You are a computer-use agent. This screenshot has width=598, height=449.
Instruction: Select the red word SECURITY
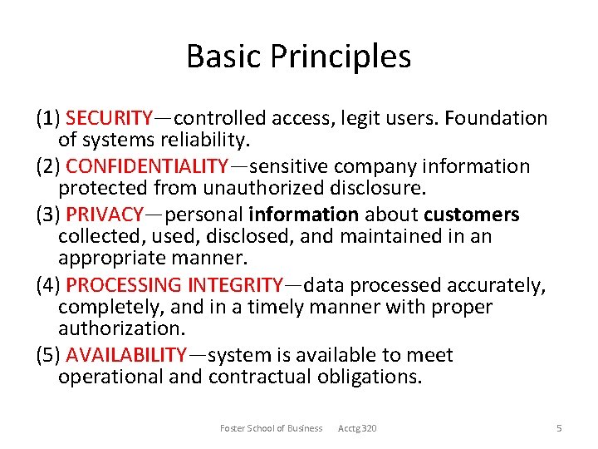[x=110, y=118]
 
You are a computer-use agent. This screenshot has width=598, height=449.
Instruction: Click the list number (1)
[x=48, y=118]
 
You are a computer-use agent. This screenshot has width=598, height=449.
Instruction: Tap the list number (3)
[x=48, y=215]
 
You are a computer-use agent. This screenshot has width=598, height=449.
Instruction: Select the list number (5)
[x=48, y=355]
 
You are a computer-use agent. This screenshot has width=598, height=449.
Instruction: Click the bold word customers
[x=472, y=215]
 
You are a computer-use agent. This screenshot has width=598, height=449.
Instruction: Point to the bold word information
[x=304, y=215]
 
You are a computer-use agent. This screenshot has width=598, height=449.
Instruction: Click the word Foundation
[x=496, y=118]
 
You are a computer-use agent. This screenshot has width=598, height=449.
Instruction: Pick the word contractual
[x=261, y=377]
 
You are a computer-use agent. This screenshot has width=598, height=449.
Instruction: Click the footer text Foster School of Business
[x=271, y=428]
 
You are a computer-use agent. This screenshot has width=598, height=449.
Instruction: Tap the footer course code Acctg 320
[x=357, y=428]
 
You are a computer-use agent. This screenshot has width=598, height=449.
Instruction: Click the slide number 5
[x=559, y=428]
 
